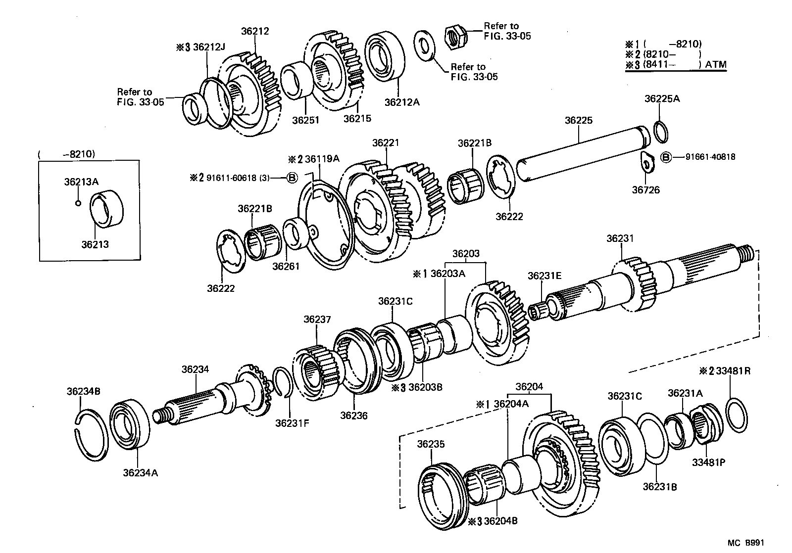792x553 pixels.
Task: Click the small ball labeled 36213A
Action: tap(78, 203)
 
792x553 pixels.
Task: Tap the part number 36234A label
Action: tap(140, 472)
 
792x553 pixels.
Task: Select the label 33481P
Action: tap(708, 462)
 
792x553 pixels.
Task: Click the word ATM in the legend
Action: tap(716, 64)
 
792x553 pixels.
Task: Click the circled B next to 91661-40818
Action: tap(666, 157)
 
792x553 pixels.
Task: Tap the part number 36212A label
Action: tap(401, 102)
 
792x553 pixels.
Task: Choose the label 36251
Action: tap(305, 120)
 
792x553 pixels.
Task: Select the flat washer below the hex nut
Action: tap(424, 46)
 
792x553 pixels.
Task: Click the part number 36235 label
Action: tap(431, 444)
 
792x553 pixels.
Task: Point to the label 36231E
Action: tap(544, 276)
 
